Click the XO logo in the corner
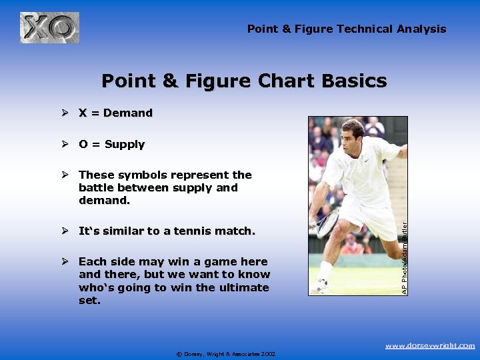click(49, 28)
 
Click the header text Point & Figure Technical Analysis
click(346, 29)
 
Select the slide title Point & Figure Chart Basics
click(244, 81)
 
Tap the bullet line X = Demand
click(115, 113)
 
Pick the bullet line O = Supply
click(111, 144)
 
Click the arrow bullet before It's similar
click(65, 231)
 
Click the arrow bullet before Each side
click(65, 262)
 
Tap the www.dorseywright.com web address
click(430, 345)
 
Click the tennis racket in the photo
click(328, 223)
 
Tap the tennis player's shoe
click(321, 285)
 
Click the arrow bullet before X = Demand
click(65, 113)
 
